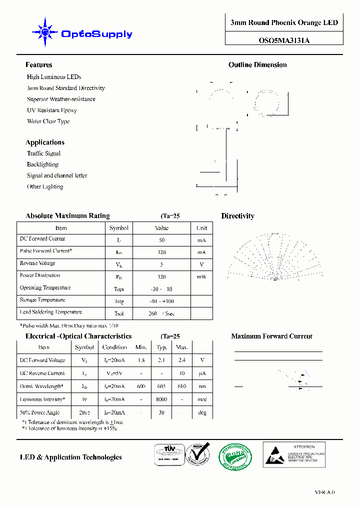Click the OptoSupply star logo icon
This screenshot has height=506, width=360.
click(45, 33)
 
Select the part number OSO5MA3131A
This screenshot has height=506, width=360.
click(284, 41)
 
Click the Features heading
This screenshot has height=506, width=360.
click(39, 65)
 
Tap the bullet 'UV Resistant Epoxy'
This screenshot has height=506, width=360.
click(52, 110)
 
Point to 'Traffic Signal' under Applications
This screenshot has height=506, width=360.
click(43, 153)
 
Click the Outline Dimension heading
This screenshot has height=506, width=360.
click(257, 65)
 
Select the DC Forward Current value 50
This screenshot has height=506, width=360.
click(161, 240)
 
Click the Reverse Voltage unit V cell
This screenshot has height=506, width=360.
click(201, 264)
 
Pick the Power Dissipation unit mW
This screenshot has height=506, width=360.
click(201, 276)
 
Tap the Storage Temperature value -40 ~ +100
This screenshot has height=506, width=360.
click(162, 301)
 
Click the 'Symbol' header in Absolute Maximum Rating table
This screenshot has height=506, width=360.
click(119, 228)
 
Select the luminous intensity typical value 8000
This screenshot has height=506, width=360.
click(161, 399)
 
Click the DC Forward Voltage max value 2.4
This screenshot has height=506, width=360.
click(182, 360)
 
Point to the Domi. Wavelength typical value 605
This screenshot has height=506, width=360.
click(161, 386)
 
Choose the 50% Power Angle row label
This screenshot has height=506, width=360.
click(39, 412)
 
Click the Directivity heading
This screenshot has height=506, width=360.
click(237, 216)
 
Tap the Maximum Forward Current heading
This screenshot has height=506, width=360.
click(271, 336)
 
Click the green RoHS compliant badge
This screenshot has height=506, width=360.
click(235, 456)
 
